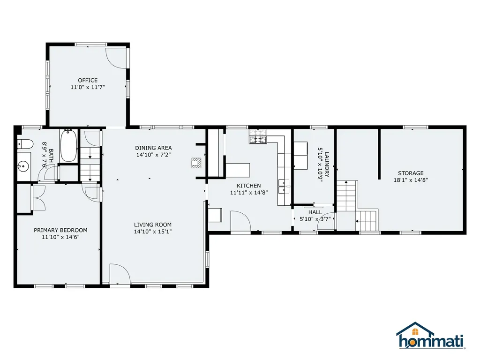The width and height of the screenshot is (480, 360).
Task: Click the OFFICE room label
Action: coord(88,80)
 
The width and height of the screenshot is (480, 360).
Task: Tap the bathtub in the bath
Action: coord(68,146)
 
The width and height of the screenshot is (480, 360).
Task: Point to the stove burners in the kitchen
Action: coord(258,137)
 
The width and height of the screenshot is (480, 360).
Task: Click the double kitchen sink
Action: coord(284,186)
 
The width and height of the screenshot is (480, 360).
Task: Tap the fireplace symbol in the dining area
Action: coord(195,163)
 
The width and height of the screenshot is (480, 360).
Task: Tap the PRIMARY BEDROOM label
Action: coord(60,230)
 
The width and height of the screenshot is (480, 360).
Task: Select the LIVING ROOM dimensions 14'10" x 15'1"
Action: coord(152,232)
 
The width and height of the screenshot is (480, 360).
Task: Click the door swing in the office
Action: coord(116,58)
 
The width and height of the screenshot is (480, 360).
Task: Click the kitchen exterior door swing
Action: coord(240,221)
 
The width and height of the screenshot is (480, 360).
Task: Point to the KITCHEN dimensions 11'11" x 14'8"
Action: coord(248,192)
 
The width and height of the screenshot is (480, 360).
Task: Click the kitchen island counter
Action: coord(238,169)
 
